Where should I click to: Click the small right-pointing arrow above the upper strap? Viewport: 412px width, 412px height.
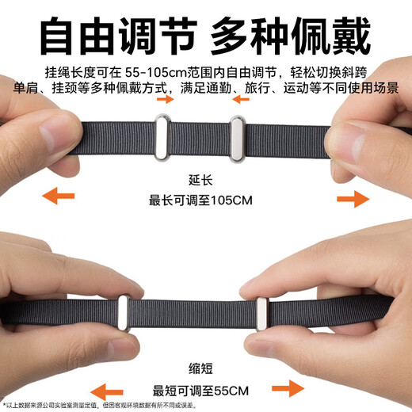click(x=166, y=101)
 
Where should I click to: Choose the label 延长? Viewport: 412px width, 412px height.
click(x=205, y=179)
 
